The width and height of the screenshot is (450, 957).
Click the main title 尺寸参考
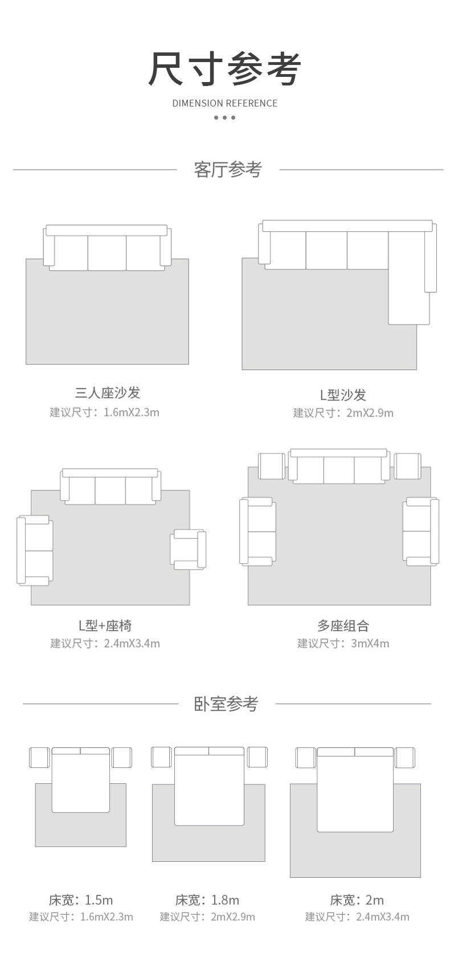tap(224, 69)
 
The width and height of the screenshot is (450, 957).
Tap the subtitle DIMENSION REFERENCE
tap(224, 103)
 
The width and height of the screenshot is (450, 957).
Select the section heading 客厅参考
tap(227, 169)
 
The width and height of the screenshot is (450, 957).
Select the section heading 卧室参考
tap(226, 704)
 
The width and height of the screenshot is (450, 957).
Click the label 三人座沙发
tap(107, 392)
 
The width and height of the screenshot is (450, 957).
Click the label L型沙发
tap(342, 394)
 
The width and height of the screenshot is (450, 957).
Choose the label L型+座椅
tap(105, 625)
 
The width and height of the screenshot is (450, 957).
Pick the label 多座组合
tap(343, 625)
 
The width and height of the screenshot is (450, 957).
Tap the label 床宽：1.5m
tap(81, 900)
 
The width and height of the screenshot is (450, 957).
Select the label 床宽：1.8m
tap(207, 900)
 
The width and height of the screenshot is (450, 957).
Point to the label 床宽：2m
tap(357, 900)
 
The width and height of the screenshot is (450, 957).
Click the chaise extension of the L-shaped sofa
tap(409, 293)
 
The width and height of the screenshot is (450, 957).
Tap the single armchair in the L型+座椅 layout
tap(188, 549)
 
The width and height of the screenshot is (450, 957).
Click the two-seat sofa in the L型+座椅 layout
tap(35, 550)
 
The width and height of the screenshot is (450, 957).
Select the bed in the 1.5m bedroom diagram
tap(80, 780)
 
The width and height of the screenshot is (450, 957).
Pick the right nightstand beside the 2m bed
tap(405, 758)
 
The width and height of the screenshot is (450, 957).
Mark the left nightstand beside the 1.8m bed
tap(161, 757)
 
